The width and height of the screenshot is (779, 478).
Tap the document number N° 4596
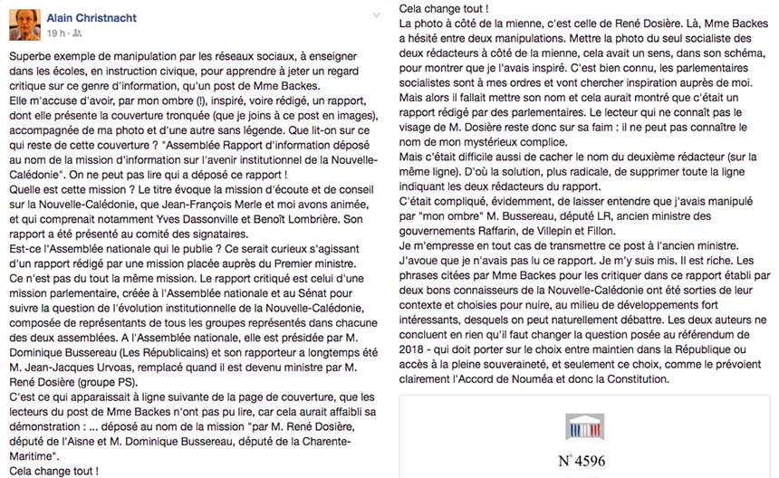point(584,461)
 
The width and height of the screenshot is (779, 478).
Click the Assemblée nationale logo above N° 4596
point(584,427)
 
